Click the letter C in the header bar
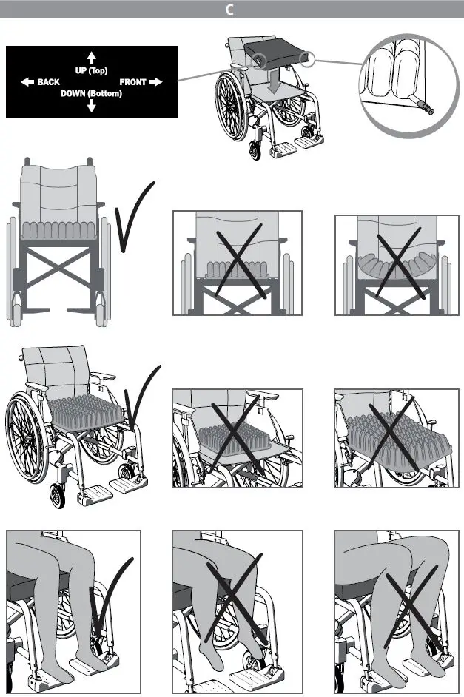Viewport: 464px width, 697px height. tap(231, 10)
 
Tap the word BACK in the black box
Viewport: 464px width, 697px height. tap(49, 82)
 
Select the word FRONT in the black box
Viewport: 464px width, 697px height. tap(133, 82)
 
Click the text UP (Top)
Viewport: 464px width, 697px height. tap(92, 71)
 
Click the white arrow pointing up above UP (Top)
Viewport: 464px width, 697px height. tap(92, 57)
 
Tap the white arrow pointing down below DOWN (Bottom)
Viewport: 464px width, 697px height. tap(92, 107)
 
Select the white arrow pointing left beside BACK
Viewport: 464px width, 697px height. tap(27, 82)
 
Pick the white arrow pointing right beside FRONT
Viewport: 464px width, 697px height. tap(155, 82)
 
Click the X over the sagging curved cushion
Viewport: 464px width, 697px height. tap(400, 266)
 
